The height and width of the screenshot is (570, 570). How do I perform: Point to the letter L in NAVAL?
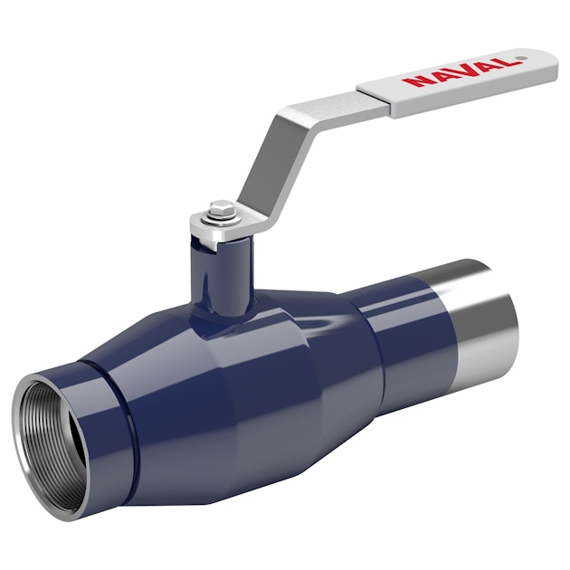pos(505,62)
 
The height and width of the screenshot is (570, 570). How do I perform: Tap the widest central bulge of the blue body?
pos(244,380)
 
